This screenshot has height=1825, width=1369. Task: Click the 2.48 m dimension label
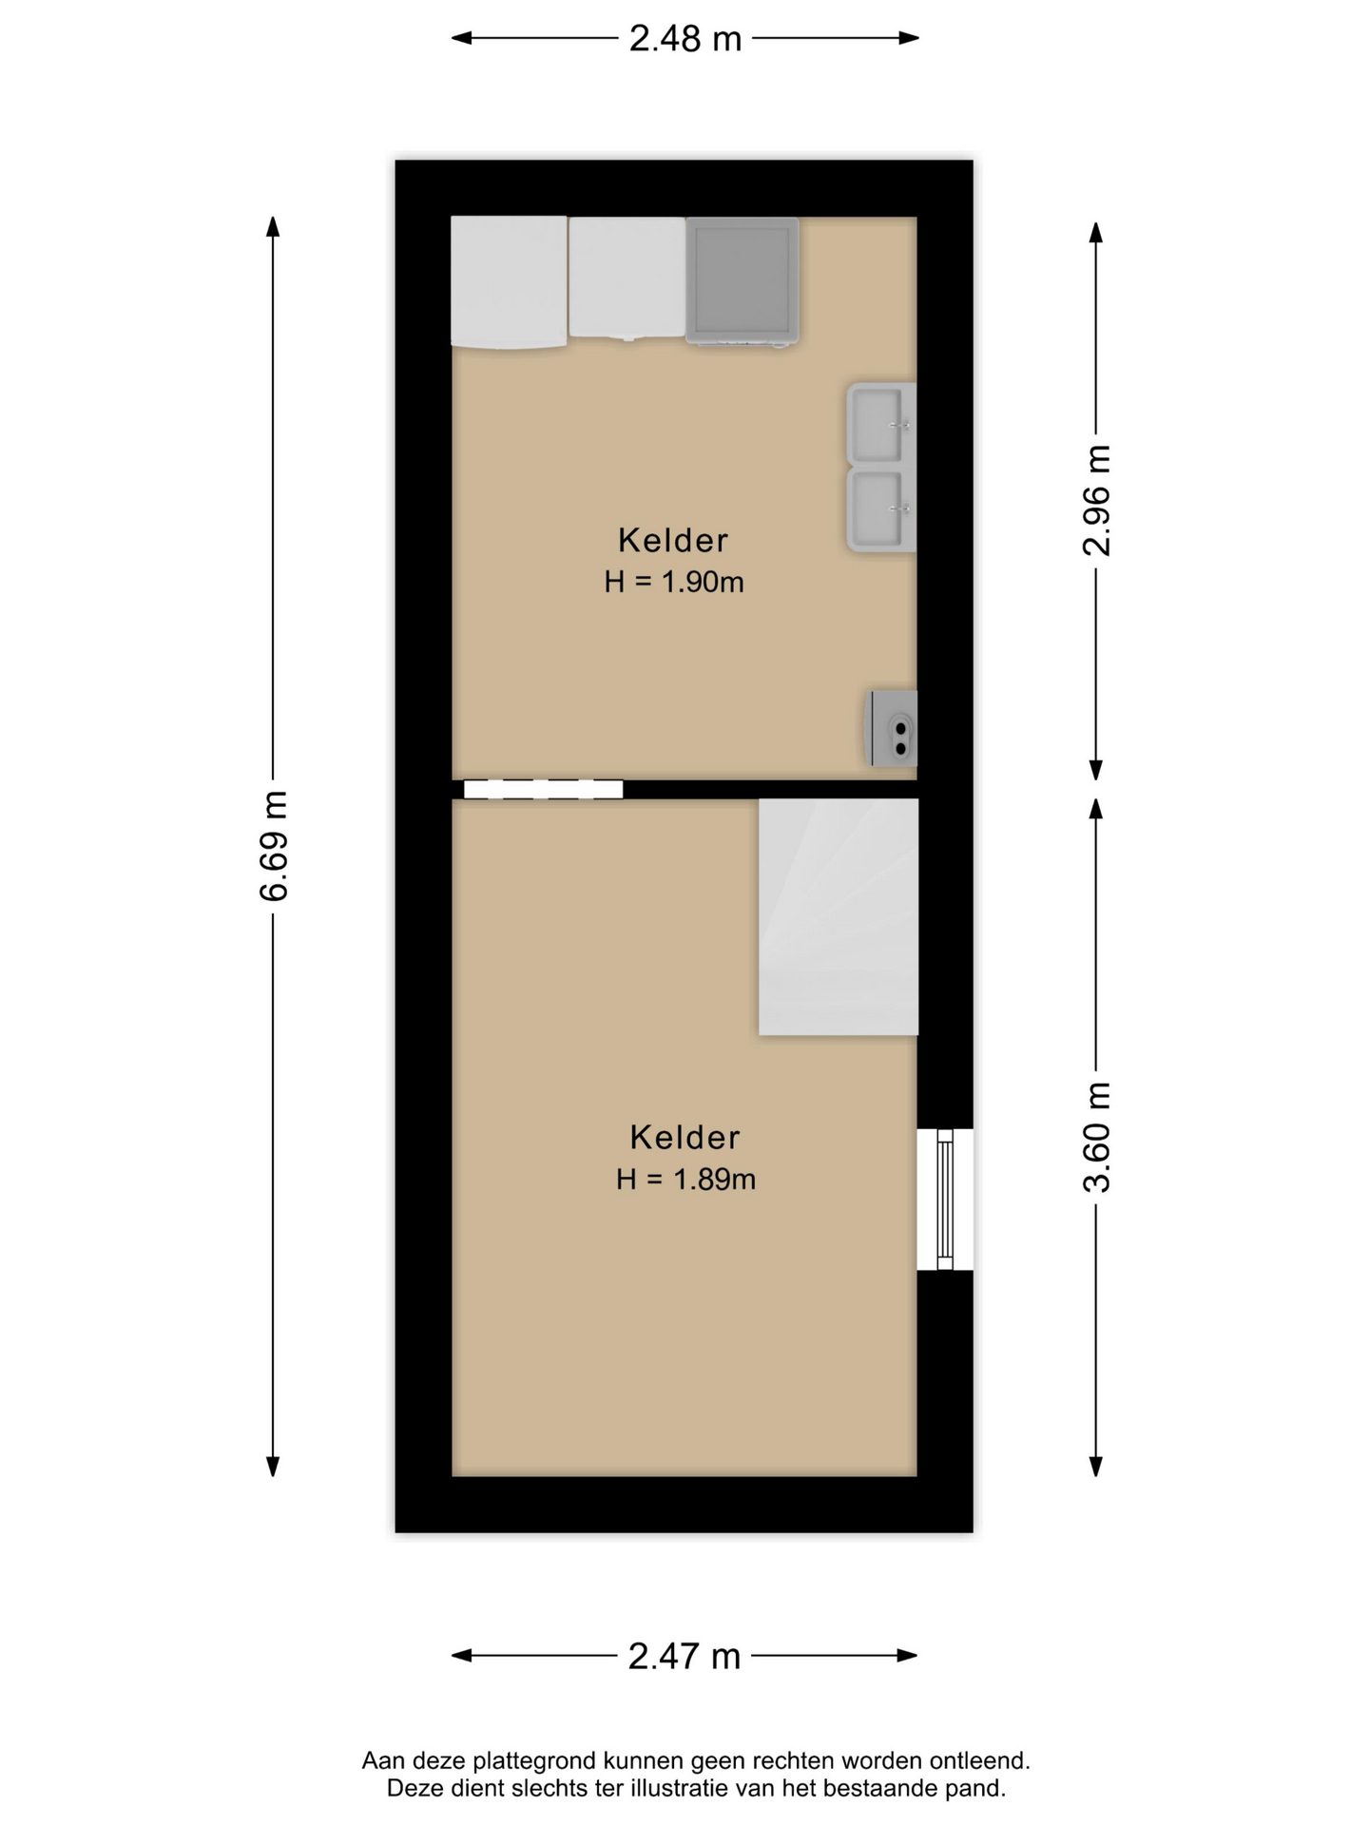coord(684,39)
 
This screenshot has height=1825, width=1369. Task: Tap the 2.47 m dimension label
coord(684,1656)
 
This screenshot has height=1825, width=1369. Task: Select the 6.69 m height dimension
coord(274,845)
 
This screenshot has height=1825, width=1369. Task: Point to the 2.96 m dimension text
coord(1096,500)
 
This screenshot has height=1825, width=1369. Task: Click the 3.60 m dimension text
coord(1096,1137)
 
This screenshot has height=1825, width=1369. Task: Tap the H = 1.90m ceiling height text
coord(674,582)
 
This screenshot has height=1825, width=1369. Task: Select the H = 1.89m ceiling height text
coord(685,1180)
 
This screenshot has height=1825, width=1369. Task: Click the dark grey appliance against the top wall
coord(742,281)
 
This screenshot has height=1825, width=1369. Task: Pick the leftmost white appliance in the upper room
coord(509,282)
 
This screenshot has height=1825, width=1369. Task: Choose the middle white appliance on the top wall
coord(627,278)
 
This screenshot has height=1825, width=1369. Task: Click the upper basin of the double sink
coord(881,425)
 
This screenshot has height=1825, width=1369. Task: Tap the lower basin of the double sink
coord(881,509)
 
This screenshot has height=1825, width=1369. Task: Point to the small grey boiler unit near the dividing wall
coord(892,729)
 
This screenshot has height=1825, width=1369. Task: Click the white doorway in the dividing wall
coord(543,789)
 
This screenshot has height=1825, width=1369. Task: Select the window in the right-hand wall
coord(945,1200)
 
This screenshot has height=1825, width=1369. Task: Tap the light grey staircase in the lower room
coord(839,917)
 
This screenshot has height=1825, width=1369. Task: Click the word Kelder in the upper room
coord(673,541)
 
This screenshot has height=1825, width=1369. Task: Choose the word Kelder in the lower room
coord(684,1138)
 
